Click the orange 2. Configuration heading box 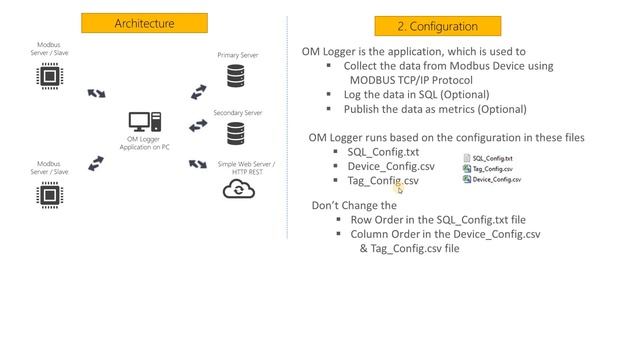tap(437, 26)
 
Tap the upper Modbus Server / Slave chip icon tap(47, 76)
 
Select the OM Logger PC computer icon tap(140, 123)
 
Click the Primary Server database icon tap(237, 76)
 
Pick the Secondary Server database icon tap(237, 133)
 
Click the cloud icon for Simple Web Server tap(238, 190)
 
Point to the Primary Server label tap(238, 55)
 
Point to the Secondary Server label tap(238, 113)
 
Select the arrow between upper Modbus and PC tap(96, 93)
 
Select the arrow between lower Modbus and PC tap(96, 163)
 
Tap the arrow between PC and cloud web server tap(198, 160)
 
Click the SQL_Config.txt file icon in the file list tap(467, 158)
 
